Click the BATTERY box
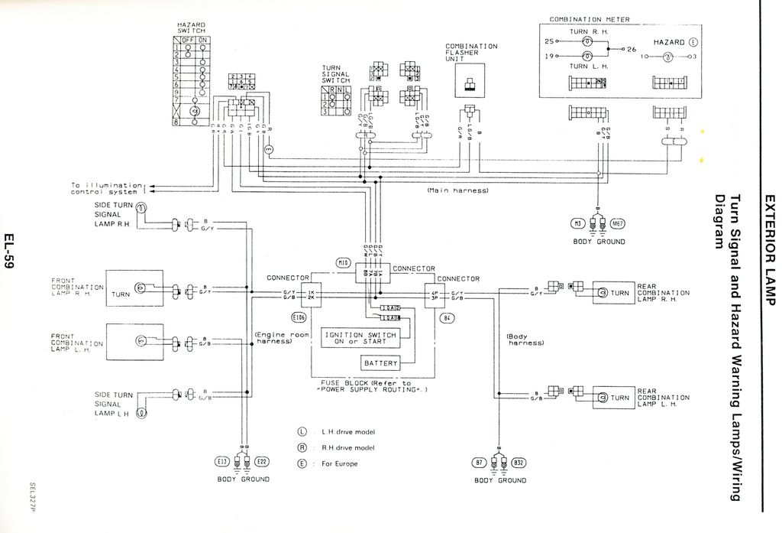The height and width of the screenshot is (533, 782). click(380, 362)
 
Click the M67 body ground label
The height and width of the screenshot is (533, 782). click(619, 223)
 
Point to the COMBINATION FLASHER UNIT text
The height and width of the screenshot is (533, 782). click(471, 52)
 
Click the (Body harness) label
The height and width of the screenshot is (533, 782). click(525, 339)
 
